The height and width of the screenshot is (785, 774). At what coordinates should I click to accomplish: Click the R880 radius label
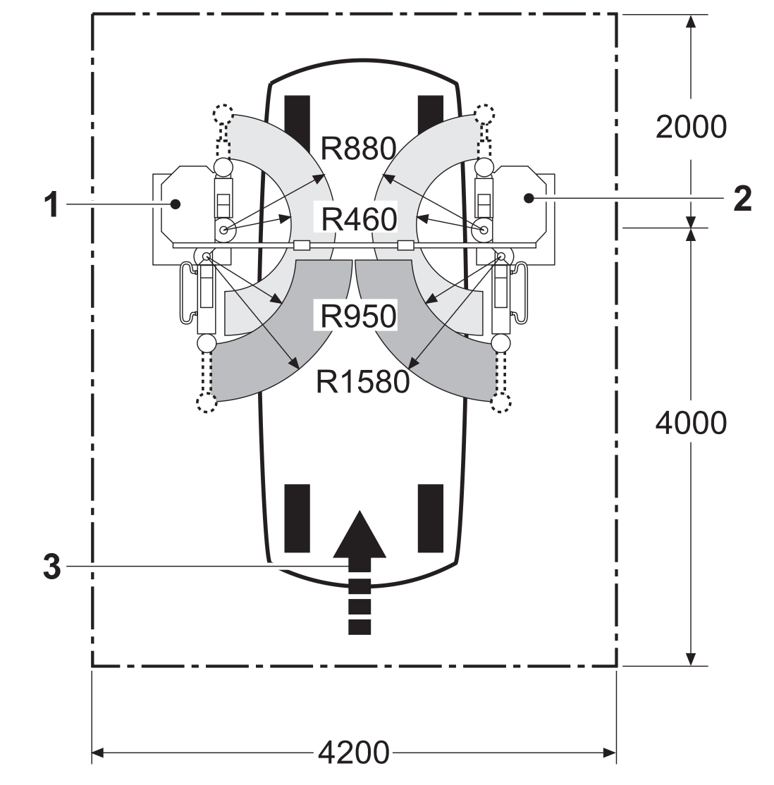(358, 149)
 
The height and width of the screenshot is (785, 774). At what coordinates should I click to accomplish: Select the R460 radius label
(359, 219)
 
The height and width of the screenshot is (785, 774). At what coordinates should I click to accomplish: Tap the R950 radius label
(358, 316)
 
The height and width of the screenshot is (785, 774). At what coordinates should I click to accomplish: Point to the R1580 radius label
(363, 382)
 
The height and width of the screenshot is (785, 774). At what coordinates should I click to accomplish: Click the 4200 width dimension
(354, 752)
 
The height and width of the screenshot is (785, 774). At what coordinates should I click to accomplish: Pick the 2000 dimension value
(691, 127)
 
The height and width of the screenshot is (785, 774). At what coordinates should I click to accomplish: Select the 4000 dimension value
(691, 423)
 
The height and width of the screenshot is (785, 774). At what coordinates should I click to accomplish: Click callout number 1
(51, 204)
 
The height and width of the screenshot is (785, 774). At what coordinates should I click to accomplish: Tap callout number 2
(742, 199)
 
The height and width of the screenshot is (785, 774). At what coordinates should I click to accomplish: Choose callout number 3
(52, 567)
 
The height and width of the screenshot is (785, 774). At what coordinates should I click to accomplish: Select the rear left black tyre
(297, 518)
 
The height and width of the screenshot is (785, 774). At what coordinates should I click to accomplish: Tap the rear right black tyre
(430, 518)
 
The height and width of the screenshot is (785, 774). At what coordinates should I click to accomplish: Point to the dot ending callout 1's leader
(176, 204)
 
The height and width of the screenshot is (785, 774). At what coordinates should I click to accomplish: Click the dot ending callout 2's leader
(529, 198)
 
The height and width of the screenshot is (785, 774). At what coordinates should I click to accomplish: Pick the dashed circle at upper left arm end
(223, 115)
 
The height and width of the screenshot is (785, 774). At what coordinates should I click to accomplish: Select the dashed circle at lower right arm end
(500, 402)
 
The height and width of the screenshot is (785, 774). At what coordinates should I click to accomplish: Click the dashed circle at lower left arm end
(207, 402)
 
